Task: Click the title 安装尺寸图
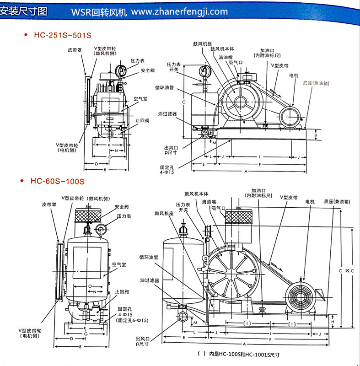point(24,10)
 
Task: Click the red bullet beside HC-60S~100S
point(23,181)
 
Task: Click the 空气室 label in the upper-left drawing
point(140,99)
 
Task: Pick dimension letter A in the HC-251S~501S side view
point(246,171)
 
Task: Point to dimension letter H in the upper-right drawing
point(315,135)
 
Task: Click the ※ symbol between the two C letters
point(347,271)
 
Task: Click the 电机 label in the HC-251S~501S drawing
point(293,75)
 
